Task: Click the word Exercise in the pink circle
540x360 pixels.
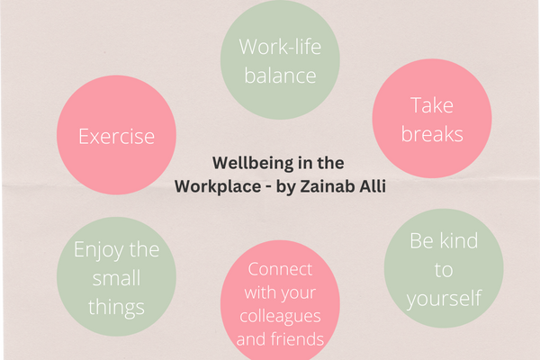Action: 116,137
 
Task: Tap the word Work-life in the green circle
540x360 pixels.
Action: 280,47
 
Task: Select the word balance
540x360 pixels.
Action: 280,76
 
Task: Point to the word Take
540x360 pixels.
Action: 432,105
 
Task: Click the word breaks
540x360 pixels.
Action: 432,134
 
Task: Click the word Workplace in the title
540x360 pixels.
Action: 218,186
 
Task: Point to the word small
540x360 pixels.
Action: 116,278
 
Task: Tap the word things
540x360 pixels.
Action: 116,308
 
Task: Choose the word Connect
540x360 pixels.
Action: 280,269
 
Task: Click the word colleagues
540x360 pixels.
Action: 280,317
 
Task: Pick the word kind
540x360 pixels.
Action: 458,240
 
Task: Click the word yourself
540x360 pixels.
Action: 444,299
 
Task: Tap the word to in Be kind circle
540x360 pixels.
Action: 443,270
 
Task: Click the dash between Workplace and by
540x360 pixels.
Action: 268,188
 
